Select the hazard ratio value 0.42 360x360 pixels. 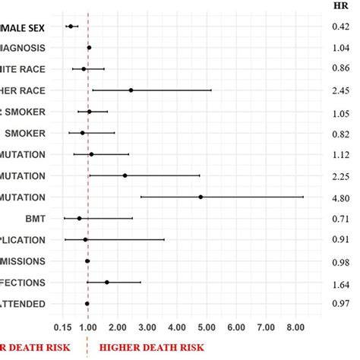341,27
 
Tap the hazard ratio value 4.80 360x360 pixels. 341,197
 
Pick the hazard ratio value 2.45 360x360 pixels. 341,90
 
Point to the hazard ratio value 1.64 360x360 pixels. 341,283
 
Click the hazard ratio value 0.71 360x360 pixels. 341,219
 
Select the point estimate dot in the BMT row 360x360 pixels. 79,219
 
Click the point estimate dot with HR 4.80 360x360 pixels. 201,197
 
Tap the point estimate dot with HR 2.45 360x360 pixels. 131,90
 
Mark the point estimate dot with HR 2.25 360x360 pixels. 125,175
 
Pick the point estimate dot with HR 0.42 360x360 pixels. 71,27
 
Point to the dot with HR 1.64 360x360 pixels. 107,283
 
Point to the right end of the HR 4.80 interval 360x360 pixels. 304,197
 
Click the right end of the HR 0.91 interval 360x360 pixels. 164,240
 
